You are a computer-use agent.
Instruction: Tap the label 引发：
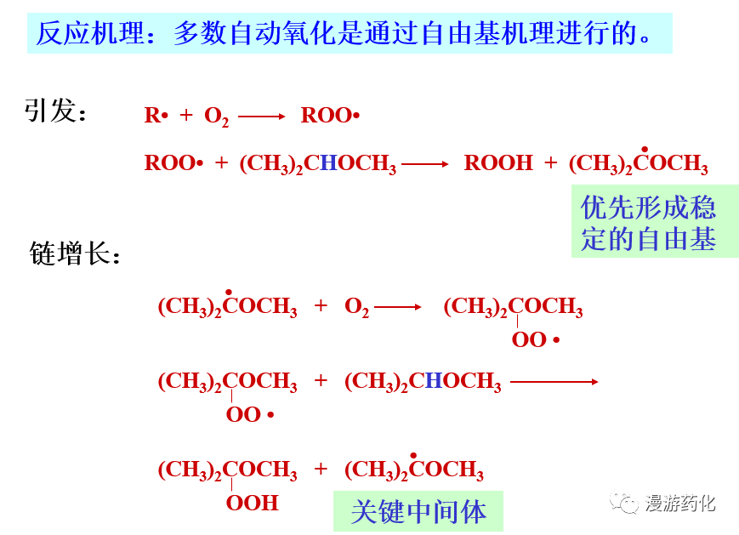click(x=56, y=111)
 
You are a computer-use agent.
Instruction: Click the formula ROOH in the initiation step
click(x=498, y=163)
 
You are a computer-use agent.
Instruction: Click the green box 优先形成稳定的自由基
click(x=647, y=223)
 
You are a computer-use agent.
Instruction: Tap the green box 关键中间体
click(x=418, y=511)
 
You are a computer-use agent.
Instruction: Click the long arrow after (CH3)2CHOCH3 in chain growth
click(x=554, y=382)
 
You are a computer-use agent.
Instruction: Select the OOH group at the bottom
click(x=252, y=503)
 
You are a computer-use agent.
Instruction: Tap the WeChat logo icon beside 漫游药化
click(x=628, y=504)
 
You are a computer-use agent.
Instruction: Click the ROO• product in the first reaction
click(x=330, y=116)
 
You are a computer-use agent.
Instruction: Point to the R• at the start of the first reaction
click(x=156, y=116)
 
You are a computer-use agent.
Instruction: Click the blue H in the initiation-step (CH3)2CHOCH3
click(x=328, y=163)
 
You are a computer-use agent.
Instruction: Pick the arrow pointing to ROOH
click(x=424, y=163)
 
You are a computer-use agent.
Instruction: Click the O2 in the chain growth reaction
click(x=356, y=307)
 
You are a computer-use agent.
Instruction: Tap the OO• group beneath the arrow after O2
click(x=535, y=340)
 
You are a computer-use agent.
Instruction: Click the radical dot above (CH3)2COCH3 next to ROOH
click(x=645, y=149)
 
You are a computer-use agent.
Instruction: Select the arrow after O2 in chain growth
click(x=397, y=307)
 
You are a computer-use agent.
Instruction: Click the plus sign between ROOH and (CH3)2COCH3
click(x=551, y=163)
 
